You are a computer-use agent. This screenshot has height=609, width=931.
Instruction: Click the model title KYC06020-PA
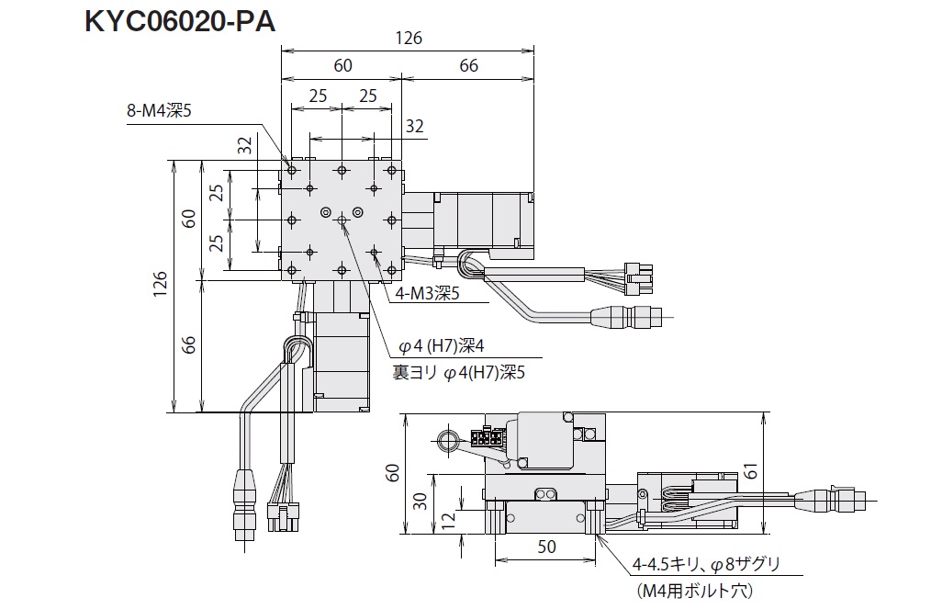pos(179,21)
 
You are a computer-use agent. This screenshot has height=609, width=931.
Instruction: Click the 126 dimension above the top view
pos(409,38)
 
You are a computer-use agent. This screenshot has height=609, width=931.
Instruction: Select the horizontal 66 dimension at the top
pos(468,66)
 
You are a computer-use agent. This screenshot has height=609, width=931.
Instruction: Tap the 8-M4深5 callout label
pos(160,112)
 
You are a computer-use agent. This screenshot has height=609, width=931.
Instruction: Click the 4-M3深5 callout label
pos(427,293)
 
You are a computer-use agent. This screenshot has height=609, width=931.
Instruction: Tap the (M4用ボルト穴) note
pos(693,592)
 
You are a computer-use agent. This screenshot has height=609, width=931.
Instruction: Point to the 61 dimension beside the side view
pos(777,471)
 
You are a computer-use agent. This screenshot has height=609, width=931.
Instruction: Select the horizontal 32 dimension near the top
pos(414,126)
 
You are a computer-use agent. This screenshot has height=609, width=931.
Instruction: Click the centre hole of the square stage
pos(342,220)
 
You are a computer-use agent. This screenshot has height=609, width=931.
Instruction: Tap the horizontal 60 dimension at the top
pos(342,66)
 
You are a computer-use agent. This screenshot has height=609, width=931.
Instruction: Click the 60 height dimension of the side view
pos(393,473)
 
